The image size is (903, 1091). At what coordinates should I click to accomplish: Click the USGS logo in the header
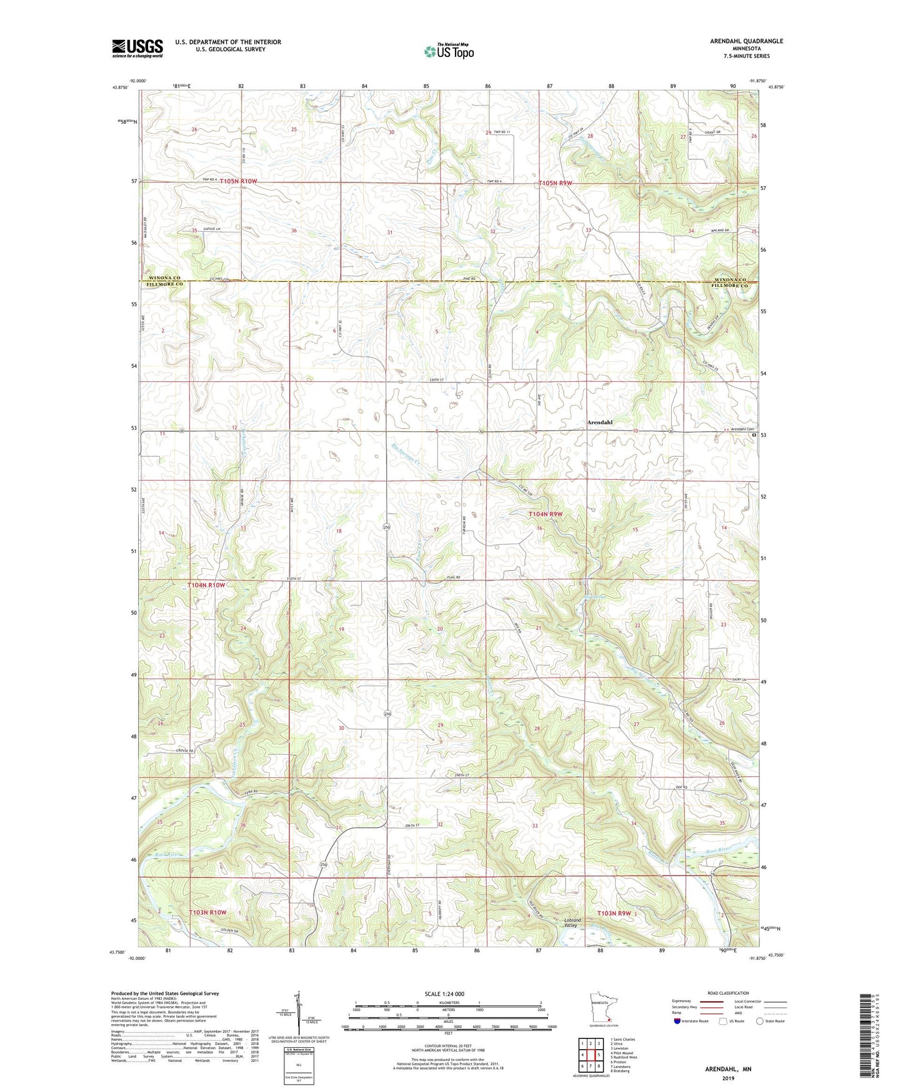[137, 48]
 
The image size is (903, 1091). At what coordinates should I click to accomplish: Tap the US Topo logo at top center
[448, 51]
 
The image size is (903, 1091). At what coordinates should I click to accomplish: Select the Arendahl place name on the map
[599, 422]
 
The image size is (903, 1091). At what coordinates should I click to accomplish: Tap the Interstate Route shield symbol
[678, 1021]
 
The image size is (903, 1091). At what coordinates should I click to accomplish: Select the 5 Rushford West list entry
[624, 1057]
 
